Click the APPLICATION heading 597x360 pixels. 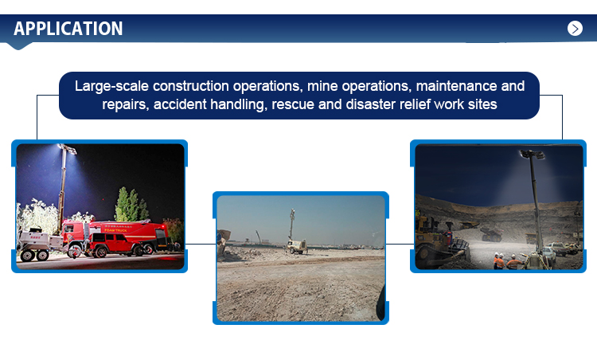click(68, 29)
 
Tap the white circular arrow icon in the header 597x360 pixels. click(575, 29)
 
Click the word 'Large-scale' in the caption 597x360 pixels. click(111, 87)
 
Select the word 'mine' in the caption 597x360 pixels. click(322, 86)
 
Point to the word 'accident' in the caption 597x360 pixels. click(180, 104)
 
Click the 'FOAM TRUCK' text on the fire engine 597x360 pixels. click(115, 230)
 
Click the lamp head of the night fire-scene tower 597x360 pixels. click(67, 148)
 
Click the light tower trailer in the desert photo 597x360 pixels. click(297, 246)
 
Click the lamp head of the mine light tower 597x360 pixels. click(532, 154)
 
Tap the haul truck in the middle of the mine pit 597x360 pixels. click(491, 233)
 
